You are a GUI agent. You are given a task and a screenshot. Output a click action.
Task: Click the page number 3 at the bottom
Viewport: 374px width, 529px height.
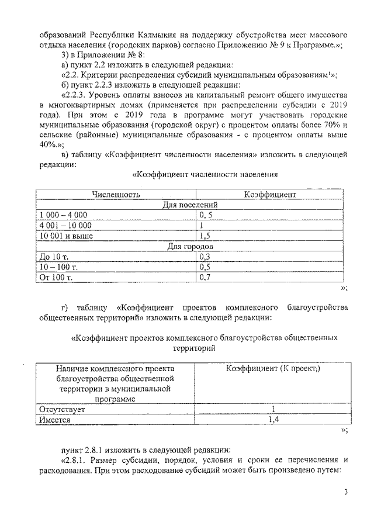pos(345,492)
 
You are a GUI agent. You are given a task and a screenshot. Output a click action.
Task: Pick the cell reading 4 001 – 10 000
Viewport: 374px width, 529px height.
pos(65,226)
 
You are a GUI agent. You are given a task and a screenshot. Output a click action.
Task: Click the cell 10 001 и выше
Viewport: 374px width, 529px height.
pos(65,236)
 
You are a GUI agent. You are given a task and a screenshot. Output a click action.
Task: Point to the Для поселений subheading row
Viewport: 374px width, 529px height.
pos(191,205)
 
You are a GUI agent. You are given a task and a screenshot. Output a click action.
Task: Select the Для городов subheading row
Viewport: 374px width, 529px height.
pos(191,247)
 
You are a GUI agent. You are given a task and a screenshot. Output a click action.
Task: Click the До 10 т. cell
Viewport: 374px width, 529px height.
pos(53,257)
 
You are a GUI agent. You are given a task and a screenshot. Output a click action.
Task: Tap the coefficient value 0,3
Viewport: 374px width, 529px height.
pos(205,257)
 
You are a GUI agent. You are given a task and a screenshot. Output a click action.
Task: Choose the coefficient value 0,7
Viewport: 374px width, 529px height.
pos(205,278)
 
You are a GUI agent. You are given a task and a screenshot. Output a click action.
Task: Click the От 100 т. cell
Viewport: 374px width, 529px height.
pos(55,278)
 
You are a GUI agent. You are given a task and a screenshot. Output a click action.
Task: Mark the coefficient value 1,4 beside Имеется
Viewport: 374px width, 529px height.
pos(270,420)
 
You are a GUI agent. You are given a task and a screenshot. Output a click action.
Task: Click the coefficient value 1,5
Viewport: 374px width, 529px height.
pos(205,236)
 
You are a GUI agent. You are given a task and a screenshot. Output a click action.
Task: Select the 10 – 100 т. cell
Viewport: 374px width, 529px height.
pos(58,267)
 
